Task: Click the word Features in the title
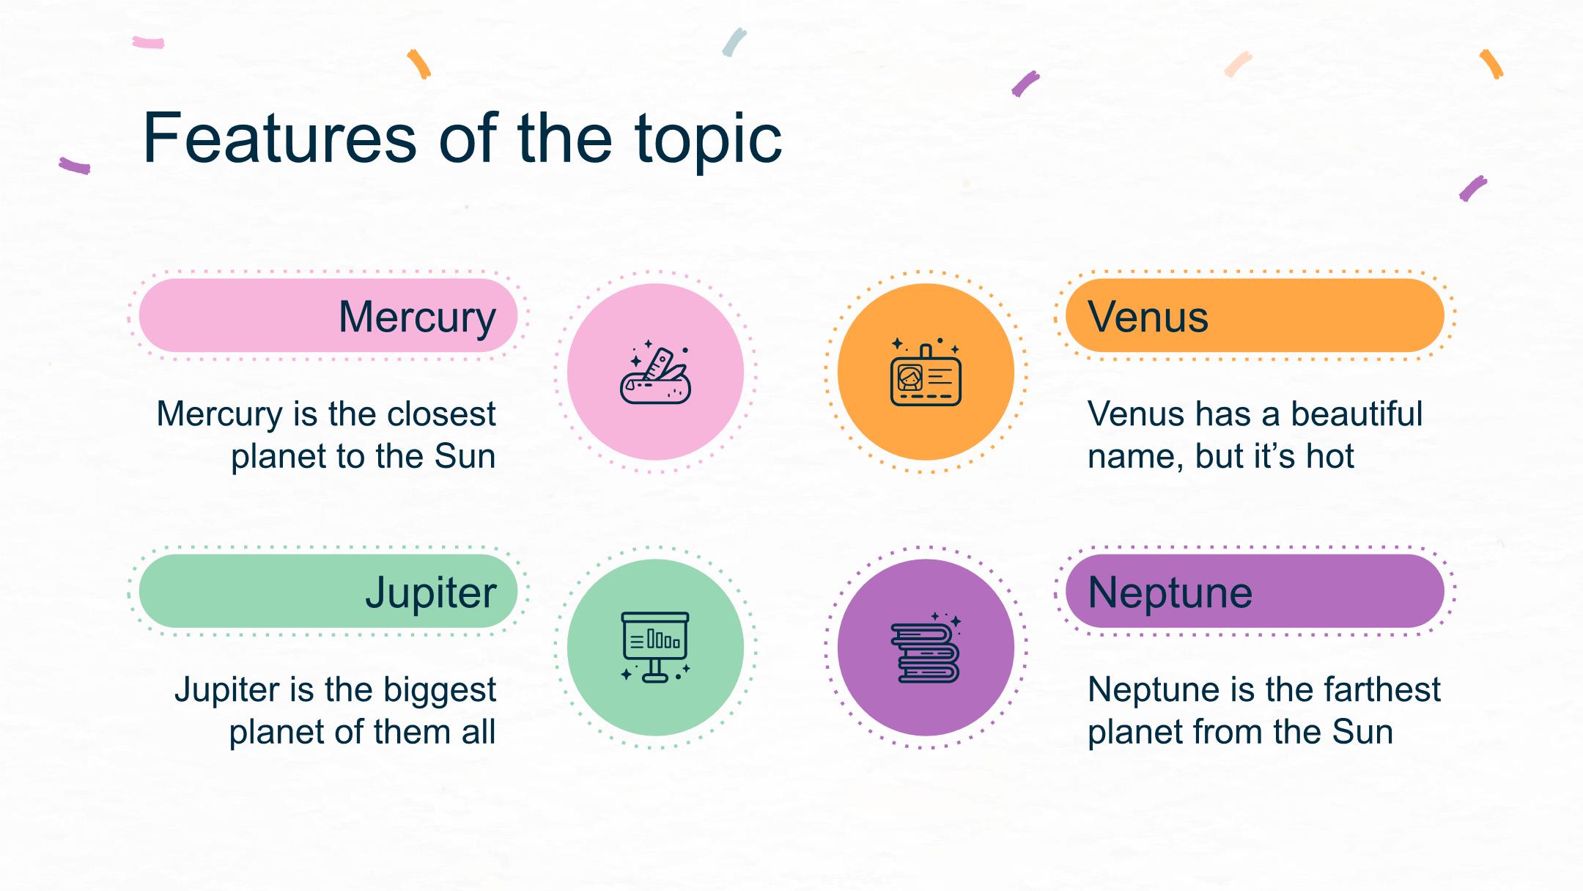[280, 138]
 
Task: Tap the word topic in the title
[708, 142]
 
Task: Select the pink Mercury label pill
[328, 315]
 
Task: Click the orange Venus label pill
[1255, 315]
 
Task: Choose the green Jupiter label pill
[328, 591]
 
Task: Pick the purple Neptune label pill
[1255, 591]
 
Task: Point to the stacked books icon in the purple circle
[926, 648]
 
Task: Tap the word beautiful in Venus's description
[1357, 414]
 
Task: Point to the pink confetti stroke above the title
[148, 43]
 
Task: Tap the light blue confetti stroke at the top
[734, 43]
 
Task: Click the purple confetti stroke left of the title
[75, 166]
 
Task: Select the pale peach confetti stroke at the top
[1238, 64]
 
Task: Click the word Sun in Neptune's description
[1362, 733]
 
